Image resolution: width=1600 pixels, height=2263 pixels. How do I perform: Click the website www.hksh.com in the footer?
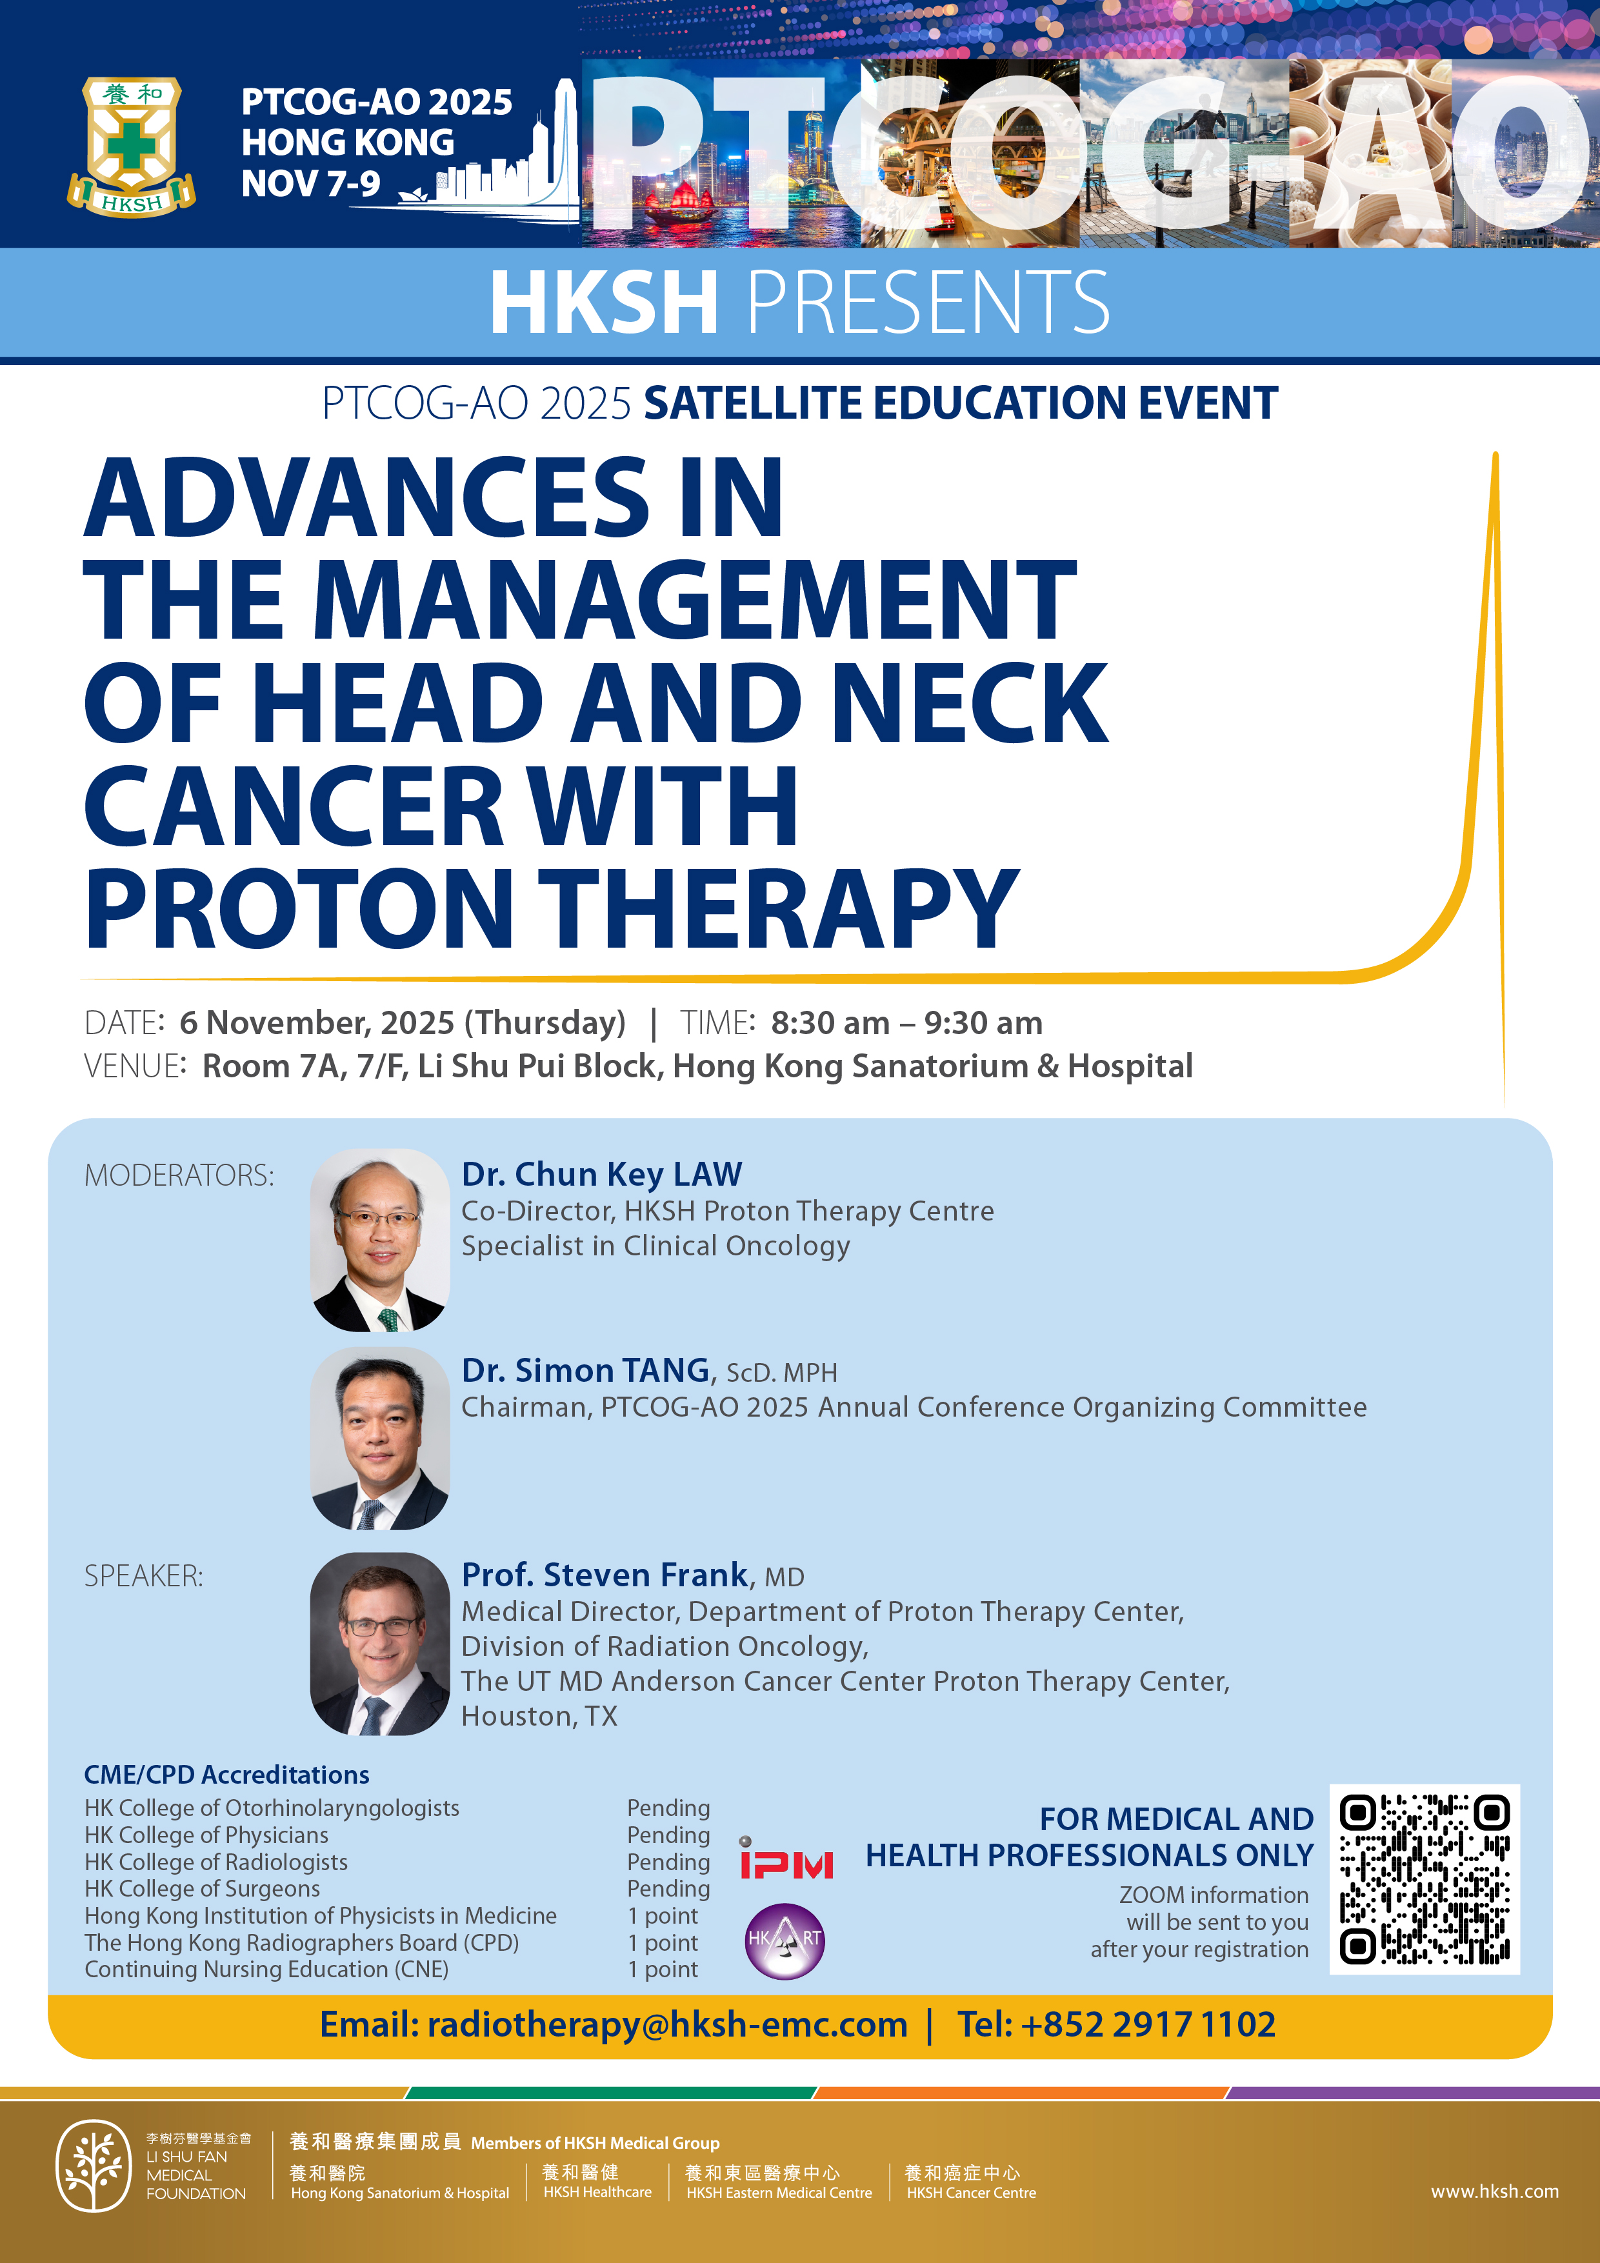[1495, 2191]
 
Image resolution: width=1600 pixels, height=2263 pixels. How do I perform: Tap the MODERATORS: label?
[179, 1175]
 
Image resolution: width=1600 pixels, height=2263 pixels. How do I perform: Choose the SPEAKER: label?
[144, 1576]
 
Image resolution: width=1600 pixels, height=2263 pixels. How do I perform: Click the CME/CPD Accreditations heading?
[226, 1774]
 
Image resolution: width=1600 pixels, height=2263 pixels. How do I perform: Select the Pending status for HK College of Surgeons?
[668, 1888]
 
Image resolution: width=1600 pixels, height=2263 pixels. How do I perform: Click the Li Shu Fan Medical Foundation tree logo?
[94, 2166]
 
